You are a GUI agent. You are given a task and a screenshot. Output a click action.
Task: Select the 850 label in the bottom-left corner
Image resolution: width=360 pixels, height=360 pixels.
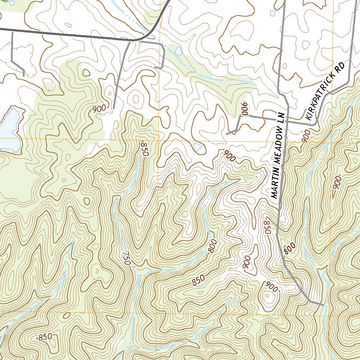click(45, 337)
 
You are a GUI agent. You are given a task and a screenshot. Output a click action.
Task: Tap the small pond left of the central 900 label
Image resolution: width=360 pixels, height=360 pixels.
click(198, 147)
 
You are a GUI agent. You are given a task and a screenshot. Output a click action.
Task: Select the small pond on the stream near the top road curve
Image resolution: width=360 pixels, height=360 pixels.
click(178, 51)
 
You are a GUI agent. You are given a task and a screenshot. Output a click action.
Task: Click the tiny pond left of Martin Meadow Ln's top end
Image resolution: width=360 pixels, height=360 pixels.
click(272, 13)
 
